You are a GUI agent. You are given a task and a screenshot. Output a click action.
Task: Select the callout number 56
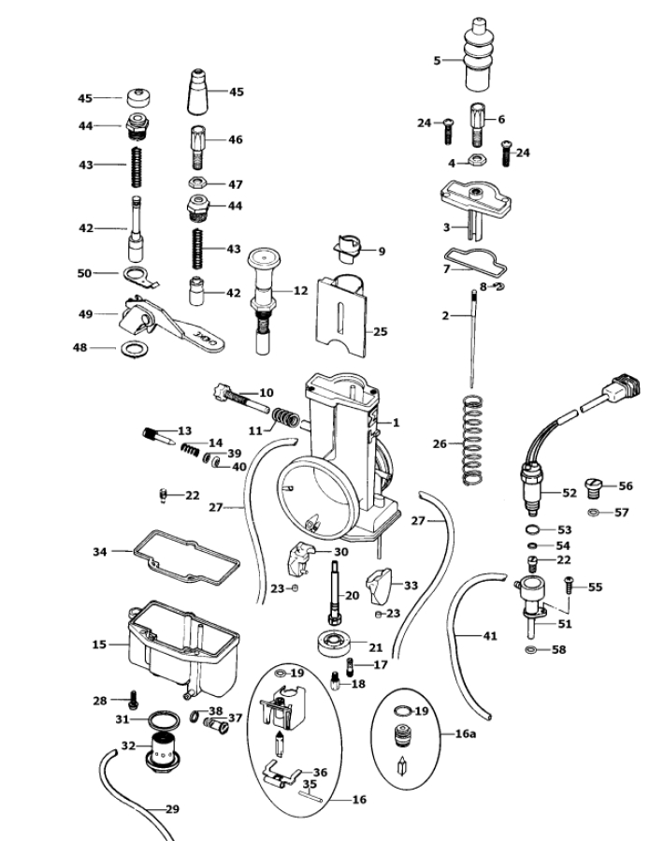click(625, 486)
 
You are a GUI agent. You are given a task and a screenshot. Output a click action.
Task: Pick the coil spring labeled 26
click(476, 440)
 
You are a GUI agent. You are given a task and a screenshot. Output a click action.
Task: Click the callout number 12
click(299, 291)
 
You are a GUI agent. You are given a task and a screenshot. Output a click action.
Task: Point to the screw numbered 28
click(131, 698)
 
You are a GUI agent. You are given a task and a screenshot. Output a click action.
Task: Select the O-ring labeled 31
click(165, 720)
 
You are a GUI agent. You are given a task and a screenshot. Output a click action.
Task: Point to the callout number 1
click(396, 423)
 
